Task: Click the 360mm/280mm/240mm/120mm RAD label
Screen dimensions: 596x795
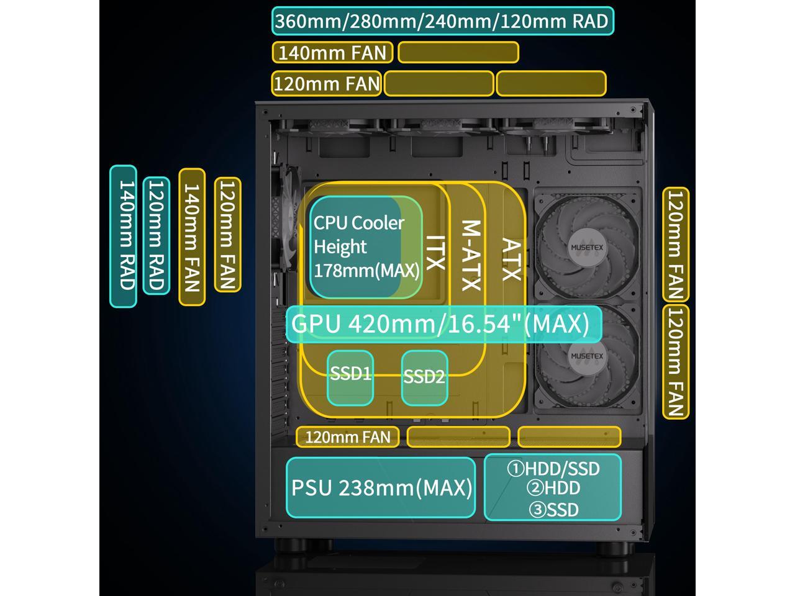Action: (x=442, y=21)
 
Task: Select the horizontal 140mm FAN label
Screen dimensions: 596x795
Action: (x=332, y=52)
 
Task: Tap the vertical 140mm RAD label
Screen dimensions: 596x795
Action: (x=124, y=236)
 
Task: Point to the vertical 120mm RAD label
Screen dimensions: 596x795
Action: (x=157, y=236)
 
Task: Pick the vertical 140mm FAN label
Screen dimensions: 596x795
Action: (x=192, y=237)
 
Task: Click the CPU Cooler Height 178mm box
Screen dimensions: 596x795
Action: (x=366, y=246)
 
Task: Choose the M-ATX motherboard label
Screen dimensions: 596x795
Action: (x=471, y=255)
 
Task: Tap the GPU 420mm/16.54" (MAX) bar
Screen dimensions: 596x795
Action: (x=443, y=324)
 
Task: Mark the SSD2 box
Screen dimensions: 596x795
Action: (x=424, y=377)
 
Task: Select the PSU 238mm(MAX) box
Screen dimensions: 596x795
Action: (x=381, y=488)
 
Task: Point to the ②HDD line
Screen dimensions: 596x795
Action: (x=553, y=489)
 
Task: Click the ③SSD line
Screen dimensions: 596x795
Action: (x=553, y=510)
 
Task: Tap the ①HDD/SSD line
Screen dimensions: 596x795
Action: (x=553, y=468)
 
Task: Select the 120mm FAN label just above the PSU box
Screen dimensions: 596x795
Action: (x=347, y=437)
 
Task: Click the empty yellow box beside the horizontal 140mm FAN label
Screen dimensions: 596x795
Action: (x=458, y=52)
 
